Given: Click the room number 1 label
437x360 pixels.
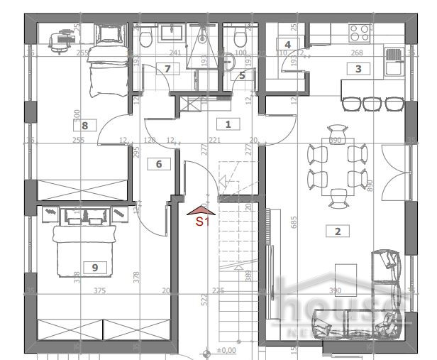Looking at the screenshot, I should (228, 124).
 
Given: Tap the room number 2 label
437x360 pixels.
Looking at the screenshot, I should (338, 230).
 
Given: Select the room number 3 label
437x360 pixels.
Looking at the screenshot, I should (358, 69).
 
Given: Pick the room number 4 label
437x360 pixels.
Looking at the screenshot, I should (288, 44).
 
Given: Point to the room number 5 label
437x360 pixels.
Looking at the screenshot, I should (242, 75).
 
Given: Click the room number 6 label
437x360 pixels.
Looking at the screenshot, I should (159, 164).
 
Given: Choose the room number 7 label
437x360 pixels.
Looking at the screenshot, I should (167, 69).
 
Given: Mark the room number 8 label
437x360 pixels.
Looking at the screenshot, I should (85, 126).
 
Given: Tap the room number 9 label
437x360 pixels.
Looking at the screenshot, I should (95, 267).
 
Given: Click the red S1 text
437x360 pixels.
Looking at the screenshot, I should (203, 221).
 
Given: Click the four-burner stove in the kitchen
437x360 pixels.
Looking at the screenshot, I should (360, 32).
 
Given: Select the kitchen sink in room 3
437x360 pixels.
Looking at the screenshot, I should (393, 61).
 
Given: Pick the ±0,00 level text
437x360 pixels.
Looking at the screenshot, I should (226, 351).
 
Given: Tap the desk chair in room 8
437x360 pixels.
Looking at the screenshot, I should (64, 36).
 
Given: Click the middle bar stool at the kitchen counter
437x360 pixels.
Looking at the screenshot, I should (372, 104).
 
